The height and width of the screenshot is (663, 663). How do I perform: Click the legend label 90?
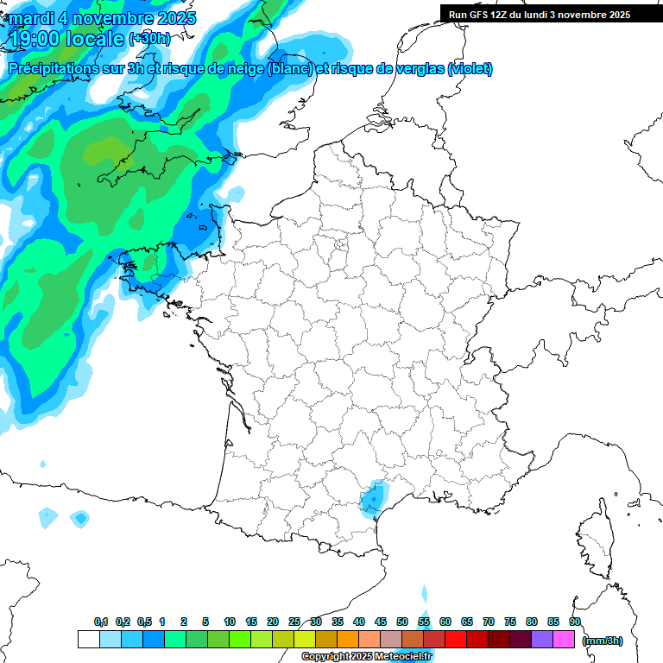point(574,622)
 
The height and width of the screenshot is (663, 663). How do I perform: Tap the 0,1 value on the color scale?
point(101,622)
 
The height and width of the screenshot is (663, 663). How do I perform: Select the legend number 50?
point(402,622)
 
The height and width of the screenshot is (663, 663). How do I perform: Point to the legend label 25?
point(294,622)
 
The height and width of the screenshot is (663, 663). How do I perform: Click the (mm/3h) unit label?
point(603,640)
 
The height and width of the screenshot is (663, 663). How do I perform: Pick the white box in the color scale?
point(88,640)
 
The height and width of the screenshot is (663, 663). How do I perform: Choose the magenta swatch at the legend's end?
point(564,640)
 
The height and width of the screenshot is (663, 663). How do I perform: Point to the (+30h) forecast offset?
point(148,39)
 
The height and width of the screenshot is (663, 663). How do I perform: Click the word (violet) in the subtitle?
point(470,69)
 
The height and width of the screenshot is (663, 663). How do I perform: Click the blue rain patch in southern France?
point(372,498)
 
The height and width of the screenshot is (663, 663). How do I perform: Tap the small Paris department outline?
point(341,249)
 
